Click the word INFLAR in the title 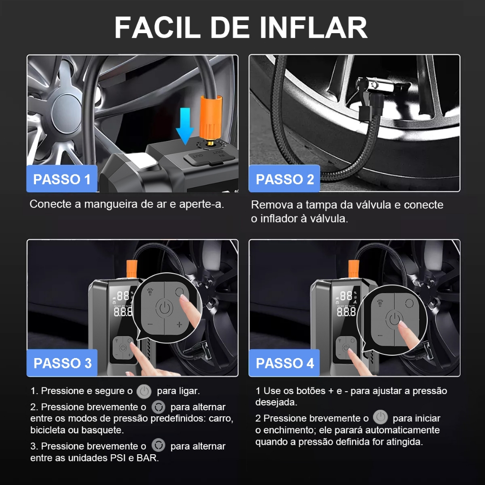pyautogui.click(x=314, y=27)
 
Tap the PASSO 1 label pyautogui.click(x=62, y=179)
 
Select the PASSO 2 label pyautogui.click(x=285, y=179)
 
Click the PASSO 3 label pyautogui.click(x=62, y=363)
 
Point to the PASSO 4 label pyautogui.click(x=285, y=363)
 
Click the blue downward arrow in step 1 pyautogui.click(x=185, y=126)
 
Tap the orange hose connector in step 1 pyautogui.click(x=211, y=117)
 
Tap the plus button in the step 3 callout pyautogui.click(x=179, y=324)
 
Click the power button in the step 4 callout pyautogui.click(x=394, y=319)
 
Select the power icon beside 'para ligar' pyautogui.click(x=144, y=391)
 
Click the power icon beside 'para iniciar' pyautogui.click(x=380, y=417)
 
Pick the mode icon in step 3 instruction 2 pyautogui.click(x=158, y=407)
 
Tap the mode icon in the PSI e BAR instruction pyautogui.click(x=158, y=445)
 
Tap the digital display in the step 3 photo pyautogui.click(x=123, y=304)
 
